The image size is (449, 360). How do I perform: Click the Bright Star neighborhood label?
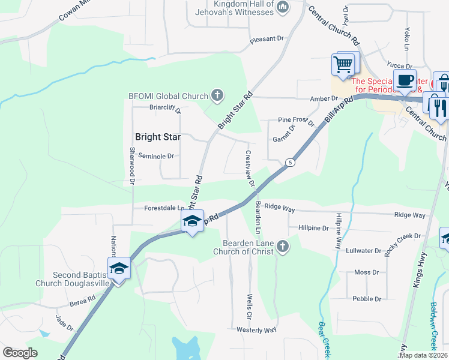tap(158, 137)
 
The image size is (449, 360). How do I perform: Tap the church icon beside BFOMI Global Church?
tap(217, 95)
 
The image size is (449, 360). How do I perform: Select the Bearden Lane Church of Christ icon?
tap(282, 246)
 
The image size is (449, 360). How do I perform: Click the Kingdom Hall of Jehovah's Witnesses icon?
tap(283, 7)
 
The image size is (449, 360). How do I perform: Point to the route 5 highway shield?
tap(290, 162)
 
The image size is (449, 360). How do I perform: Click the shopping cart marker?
tap(343, 64)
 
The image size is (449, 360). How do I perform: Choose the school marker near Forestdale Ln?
tap(192, 221)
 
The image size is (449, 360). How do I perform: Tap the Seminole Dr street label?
tap(155, 156)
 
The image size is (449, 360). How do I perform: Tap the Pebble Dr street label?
tap(367, 299)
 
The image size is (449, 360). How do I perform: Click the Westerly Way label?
tap(256, 330)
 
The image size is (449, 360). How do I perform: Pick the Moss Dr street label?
tap(363, 272)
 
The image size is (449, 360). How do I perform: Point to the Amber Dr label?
tap(325, 99)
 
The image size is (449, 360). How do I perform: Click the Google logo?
tap(20, 353)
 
